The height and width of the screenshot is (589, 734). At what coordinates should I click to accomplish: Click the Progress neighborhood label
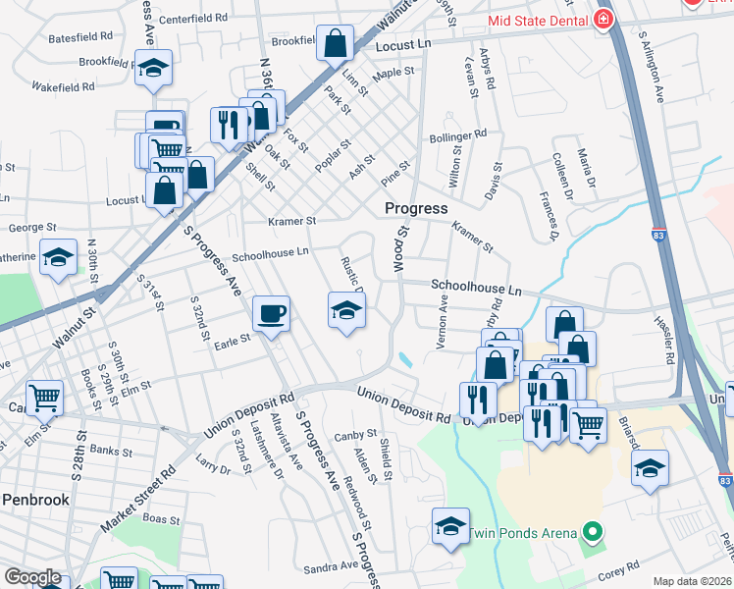point(416,208)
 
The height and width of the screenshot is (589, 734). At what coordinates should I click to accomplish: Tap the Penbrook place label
point(35,500)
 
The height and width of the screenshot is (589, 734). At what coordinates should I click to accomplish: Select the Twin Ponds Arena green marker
point(592,533)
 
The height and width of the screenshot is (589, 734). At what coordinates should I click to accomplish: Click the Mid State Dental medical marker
point(603,19)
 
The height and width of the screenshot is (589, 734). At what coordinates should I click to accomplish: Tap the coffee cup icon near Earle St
point(271,314)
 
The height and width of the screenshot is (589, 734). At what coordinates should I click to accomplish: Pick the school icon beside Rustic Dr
point(345,311)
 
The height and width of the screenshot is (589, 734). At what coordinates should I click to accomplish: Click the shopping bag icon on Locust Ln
point(335,43)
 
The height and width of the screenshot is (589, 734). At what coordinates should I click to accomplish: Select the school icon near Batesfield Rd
point(153,69)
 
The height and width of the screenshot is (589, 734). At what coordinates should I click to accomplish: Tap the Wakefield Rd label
point(62,85)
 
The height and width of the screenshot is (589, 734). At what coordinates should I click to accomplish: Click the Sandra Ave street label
point(331,566)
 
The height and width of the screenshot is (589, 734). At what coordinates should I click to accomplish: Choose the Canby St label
point(355,434)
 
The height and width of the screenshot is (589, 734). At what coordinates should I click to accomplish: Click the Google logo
point(32,576)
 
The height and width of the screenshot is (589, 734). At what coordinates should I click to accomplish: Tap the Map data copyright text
point(693,581)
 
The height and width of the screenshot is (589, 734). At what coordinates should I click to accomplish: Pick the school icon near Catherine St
point(59,258)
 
